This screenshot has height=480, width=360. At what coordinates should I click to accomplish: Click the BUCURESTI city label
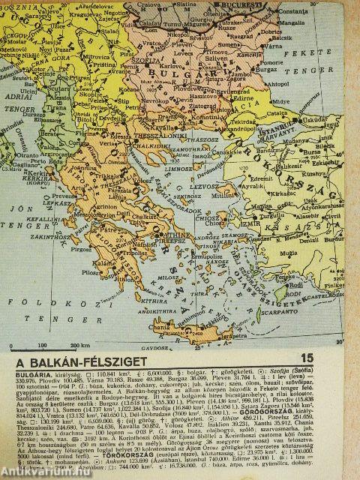[238, 4]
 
